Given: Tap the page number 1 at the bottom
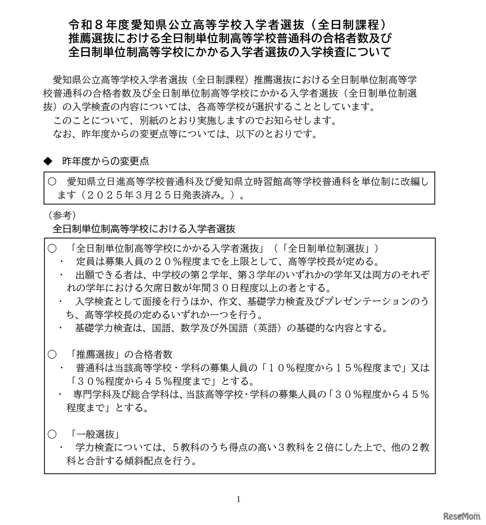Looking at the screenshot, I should [x=239, y=499].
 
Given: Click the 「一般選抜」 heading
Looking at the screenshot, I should [x=95, y=434].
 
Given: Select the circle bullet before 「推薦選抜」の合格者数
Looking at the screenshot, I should [x=52, y=354].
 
